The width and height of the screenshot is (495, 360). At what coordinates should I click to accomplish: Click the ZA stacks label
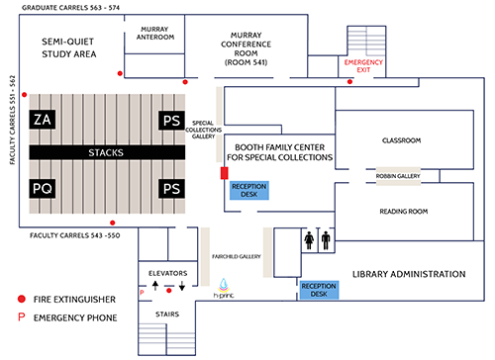43,120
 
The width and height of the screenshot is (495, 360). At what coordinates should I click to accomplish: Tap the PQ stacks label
43,189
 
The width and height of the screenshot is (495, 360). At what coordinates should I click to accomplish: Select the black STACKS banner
107,152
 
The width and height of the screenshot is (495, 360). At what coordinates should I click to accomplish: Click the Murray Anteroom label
155,34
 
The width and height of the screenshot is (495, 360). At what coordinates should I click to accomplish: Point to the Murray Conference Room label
246,48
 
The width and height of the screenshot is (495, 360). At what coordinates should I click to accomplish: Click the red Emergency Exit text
363,66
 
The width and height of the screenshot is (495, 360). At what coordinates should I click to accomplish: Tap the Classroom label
401,140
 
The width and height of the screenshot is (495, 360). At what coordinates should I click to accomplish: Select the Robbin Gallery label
398,176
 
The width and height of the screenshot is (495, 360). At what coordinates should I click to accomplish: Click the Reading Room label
404,212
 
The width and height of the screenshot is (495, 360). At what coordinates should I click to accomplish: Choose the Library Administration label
409,274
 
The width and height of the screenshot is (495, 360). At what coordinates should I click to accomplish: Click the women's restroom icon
309,240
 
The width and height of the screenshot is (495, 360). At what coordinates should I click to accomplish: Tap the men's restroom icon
326,240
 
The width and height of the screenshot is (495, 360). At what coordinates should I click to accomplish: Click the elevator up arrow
155,285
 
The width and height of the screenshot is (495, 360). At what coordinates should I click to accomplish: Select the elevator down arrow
182,286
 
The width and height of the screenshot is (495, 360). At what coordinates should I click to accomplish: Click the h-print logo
224,289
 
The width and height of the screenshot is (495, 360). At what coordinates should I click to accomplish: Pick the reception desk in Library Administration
319,290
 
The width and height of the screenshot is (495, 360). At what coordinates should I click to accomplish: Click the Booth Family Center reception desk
249,190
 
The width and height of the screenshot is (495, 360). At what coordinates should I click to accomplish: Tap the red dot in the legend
22,299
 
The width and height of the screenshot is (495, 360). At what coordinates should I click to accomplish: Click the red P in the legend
22,317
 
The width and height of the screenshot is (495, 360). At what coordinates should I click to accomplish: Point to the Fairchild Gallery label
237,256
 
